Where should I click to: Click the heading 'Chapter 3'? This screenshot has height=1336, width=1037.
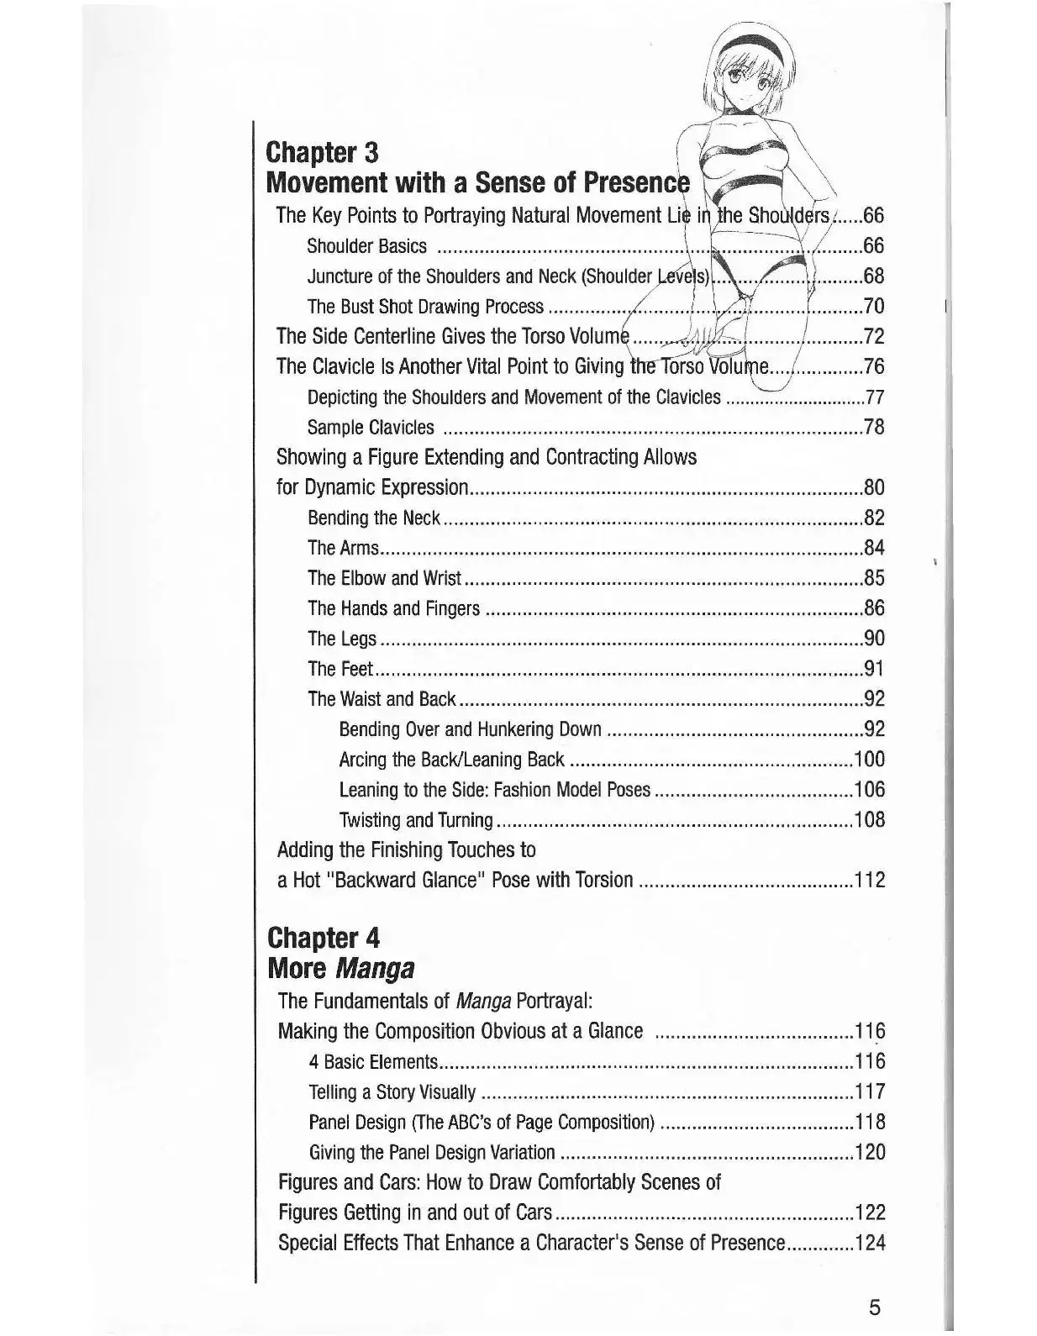coord(322,153)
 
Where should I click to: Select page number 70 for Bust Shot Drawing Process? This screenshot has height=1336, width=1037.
coord(874,307)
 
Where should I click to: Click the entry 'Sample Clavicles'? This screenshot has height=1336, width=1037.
coord(371,428)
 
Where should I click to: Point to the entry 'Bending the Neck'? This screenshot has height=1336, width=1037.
coord(374,518)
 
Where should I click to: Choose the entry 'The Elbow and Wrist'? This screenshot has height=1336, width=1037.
coord(385,579)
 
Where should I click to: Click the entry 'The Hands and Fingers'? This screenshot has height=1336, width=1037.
coord(394,609)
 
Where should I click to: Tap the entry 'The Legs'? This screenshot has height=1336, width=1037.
coord(342,639)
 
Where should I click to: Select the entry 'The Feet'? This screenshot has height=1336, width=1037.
coord(340,670)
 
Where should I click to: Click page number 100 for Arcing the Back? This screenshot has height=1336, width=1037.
coord(869,760)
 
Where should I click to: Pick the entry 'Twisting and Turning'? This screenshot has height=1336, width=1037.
coord(416,821)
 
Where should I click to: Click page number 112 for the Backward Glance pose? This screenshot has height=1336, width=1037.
coord(869,881)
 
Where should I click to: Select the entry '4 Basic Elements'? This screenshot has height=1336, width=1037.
coord(374,1062)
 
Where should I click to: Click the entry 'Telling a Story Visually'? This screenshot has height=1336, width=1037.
coord(392,1092)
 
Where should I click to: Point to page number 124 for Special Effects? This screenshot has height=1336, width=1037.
coord(869,1243)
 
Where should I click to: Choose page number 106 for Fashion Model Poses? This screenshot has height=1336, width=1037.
coord(869,791)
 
